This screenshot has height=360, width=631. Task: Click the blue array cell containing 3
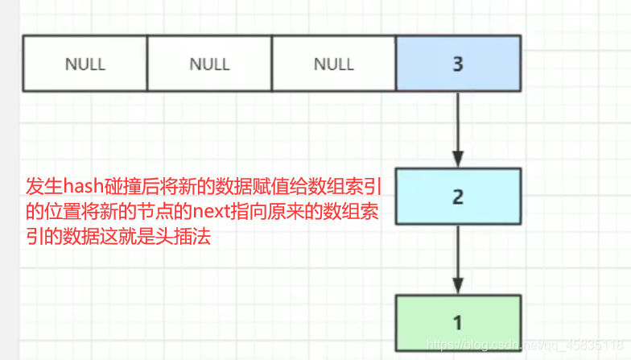(x=458, y=63)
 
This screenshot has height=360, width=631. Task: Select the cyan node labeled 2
(x=458, y=197)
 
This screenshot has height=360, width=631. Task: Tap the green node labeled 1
(x=458, y=323)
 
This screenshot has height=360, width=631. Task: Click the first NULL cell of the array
(x=85, y=63)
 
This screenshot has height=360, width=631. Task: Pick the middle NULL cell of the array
(x=209, y=63)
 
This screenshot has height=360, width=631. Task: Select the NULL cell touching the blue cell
(x=334, y=63)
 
